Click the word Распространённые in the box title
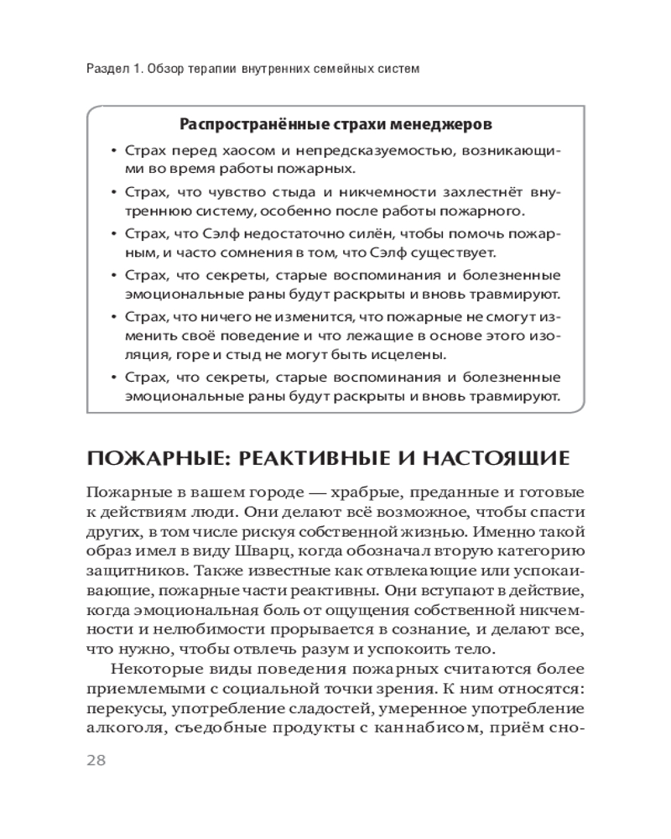[x=249, y=124]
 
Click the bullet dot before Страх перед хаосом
[x=113, y=150]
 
